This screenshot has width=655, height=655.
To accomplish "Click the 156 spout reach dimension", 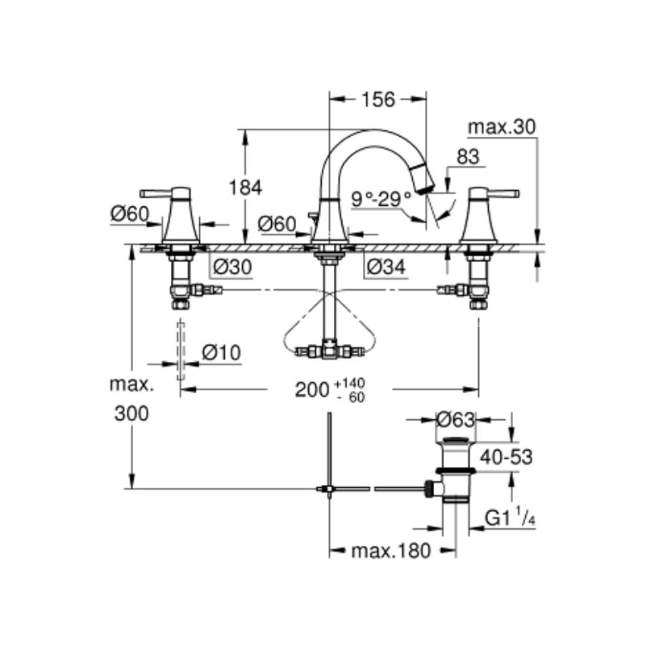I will pos(377,99).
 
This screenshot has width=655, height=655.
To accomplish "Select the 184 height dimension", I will pos(245,187).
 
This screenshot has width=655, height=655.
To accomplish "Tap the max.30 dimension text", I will pos(502,128).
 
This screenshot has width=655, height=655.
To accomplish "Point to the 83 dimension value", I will pos(468,157).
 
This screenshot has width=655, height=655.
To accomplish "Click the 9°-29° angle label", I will pos(381,197).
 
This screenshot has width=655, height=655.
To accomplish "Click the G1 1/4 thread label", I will pos(510,519).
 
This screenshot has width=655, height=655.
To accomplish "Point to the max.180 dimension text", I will pos(391,551).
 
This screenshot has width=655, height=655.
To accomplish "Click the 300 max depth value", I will pos(131,413).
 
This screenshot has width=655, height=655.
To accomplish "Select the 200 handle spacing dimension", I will pos(311,390).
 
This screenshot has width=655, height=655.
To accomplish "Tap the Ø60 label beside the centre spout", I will pos(276,223).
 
